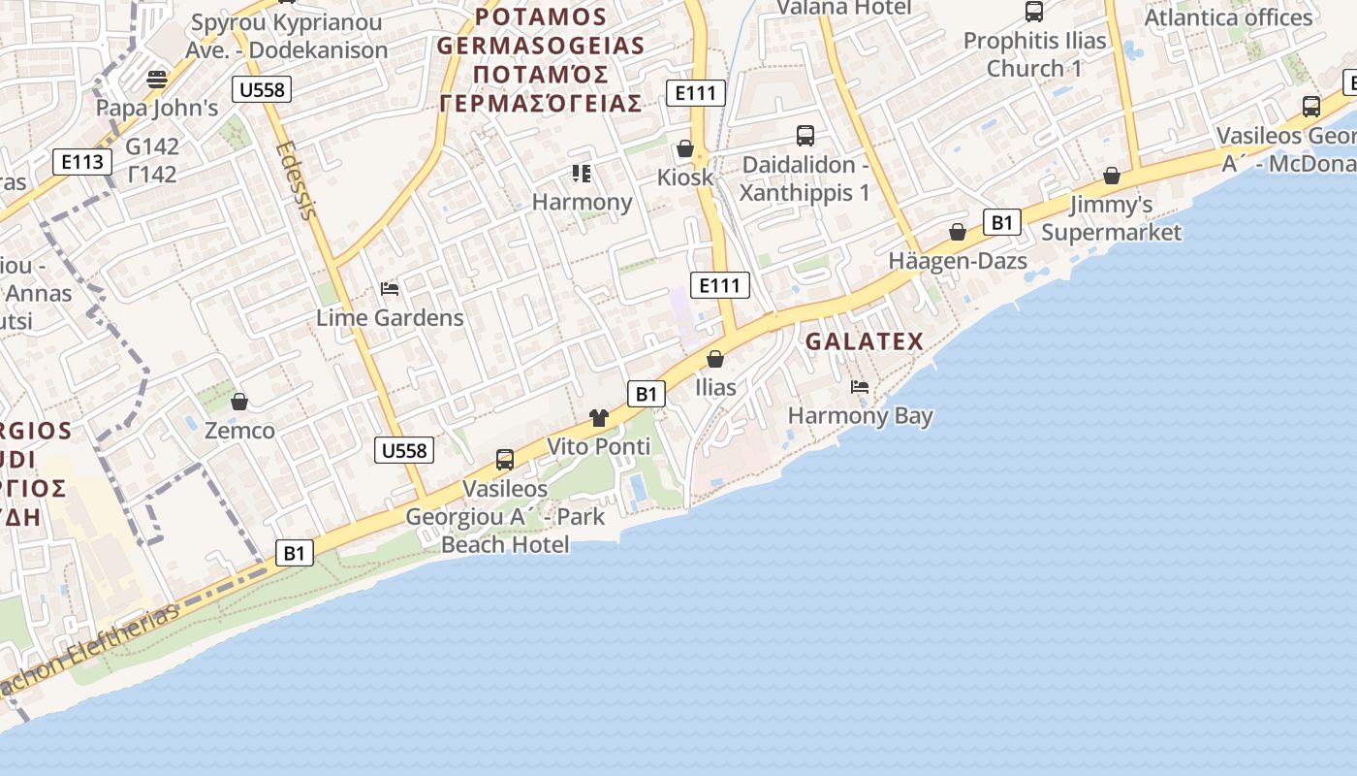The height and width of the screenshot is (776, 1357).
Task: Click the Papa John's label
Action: pos(157,108)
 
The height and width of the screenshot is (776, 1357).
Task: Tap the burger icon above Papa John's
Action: pos(157,79)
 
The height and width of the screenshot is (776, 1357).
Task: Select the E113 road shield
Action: pos(81,162)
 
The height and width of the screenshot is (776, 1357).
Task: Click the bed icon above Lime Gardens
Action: pos(390,289)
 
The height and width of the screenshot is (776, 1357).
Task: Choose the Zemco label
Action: pos(239,430)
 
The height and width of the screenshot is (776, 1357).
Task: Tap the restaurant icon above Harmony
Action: pos(582,174)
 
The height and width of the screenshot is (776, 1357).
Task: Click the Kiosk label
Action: pos(685,178)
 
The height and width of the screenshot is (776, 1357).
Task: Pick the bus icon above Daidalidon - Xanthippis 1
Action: pos(805,136)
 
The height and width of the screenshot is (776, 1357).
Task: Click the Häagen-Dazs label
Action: pos(958,261)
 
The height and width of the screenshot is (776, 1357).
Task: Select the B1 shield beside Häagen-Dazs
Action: pos(1002,222)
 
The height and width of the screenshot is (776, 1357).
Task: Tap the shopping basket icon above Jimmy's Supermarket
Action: pos(1112,176)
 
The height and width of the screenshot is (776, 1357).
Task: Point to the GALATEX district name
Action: pos(865,341)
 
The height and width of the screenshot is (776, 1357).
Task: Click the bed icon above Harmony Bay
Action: pos(859,387)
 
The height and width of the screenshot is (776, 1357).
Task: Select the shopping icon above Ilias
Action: pos(715,359)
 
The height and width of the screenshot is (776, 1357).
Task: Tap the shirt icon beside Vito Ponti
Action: pos(599,418)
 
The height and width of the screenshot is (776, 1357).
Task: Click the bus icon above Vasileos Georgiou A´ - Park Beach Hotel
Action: pos(505,459)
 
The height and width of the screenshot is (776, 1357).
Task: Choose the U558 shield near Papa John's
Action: pos(262,90)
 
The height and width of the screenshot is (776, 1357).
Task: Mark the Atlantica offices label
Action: pos(1228,17)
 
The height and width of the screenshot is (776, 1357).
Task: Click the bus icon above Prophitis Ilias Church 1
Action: pos(1034,12)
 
